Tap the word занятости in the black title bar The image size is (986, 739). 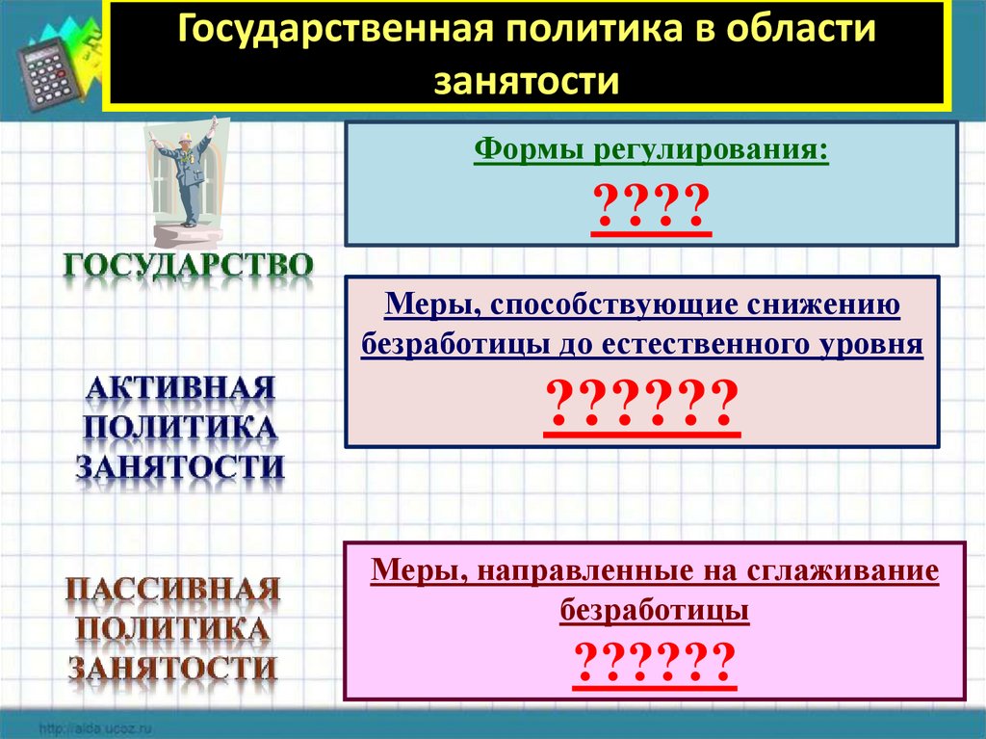point(525,79)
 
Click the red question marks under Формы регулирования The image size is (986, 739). point(651,208)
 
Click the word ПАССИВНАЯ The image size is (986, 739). point(173,588)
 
